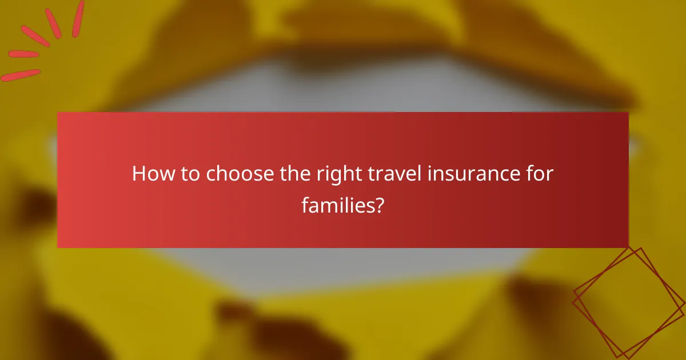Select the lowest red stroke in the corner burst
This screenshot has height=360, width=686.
pyautogui.click(x=21, y=75)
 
